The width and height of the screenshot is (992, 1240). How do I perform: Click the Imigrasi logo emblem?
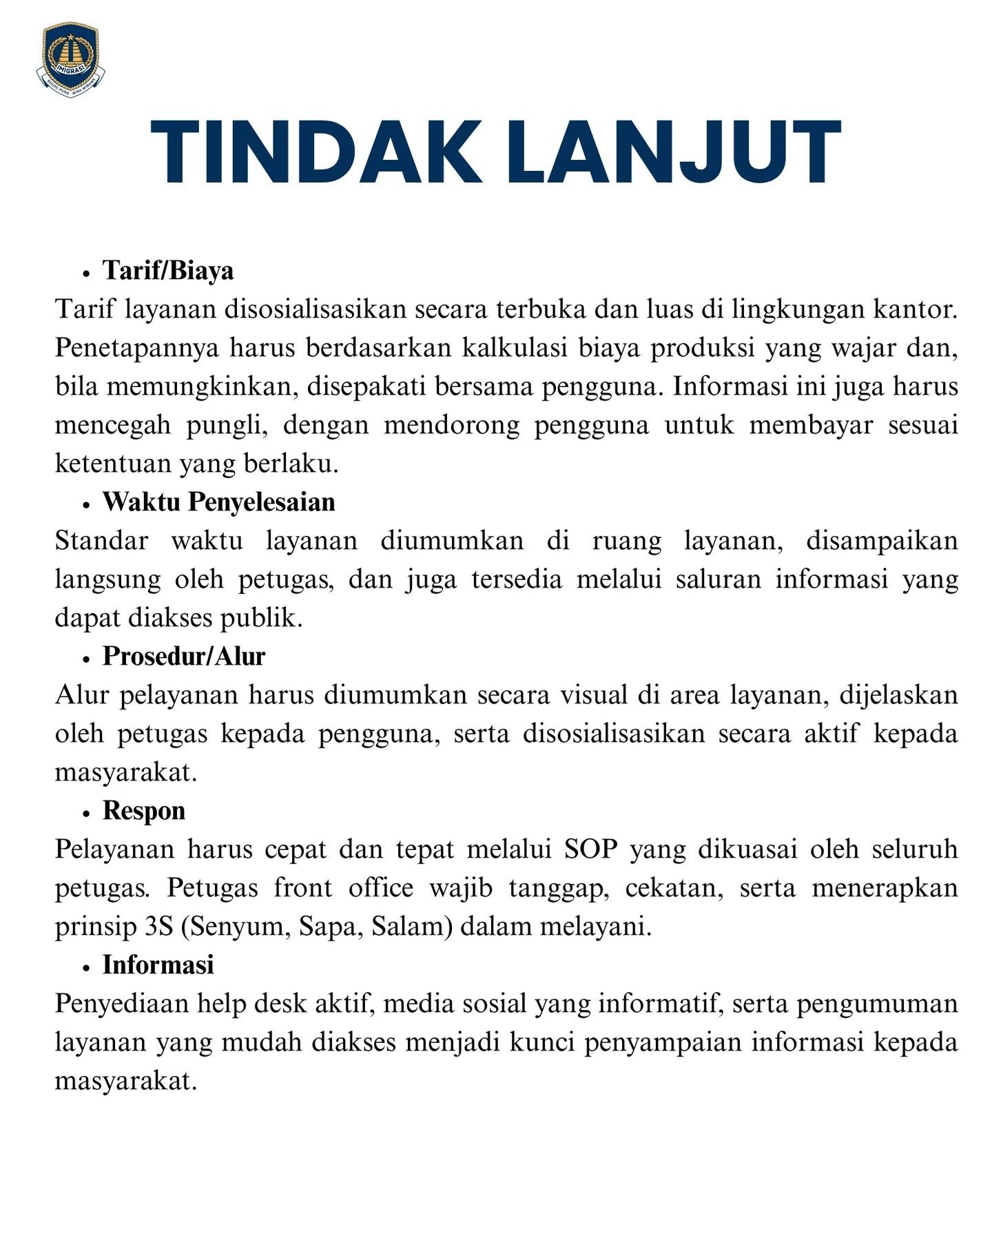click(x=71, y=59)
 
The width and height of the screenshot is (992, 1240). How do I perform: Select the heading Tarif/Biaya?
click(x=168, y=271)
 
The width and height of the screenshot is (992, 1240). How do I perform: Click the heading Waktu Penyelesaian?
click(x=219, y=502)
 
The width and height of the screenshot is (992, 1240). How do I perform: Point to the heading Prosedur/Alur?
click(x=184, y=657)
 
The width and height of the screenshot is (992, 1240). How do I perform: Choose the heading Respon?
click(x=144, y=811)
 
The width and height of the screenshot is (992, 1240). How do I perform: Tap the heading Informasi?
click(x=158, y=965)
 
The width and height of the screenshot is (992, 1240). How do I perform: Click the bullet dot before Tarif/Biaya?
click(x=86, y=273)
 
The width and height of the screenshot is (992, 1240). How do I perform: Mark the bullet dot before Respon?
click(x=86, y=814)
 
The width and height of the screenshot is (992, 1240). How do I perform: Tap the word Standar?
click(x=101, y=541)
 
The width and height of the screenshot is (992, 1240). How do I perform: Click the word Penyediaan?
click(x=121, y=1004)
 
